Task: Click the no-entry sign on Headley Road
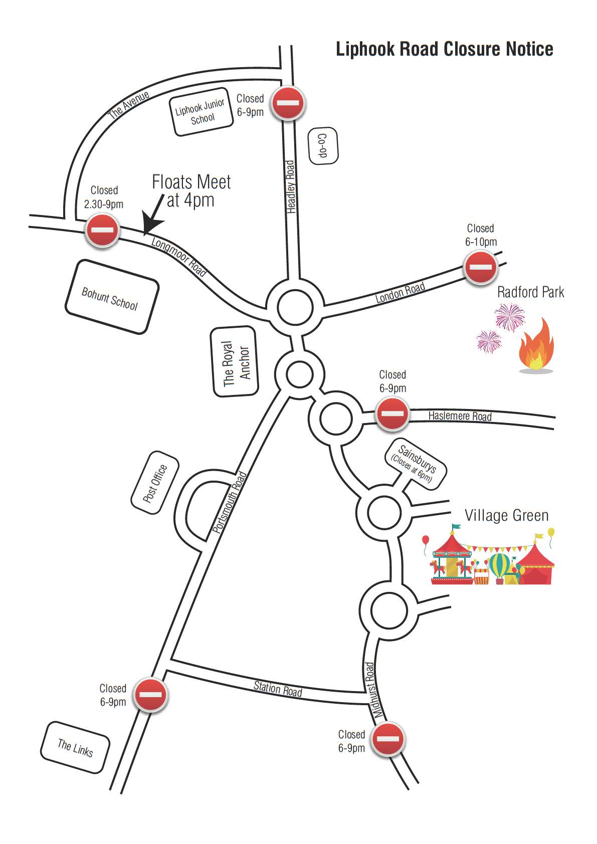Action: pos(288,103)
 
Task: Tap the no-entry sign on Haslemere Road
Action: pos(392,413)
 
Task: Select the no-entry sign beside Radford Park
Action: pos(480,267)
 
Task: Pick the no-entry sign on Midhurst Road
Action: pos(387,739)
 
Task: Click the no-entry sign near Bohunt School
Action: pos(102,231)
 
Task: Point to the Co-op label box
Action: pos(323,145)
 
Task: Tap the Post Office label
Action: pos(155,483)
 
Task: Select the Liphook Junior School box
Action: pos(203,113)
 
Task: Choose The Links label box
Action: pos(75,747)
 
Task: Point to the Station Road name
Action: pos(278,689)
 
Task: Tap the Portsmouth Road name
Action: pos(229,502)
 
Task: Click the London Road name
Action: pos(400,293)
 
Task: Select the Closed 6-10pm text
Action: pos(481,235)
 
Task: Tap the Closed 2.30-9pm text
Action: pos(104,197)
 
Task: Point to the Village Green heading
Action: pos(506,515)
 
